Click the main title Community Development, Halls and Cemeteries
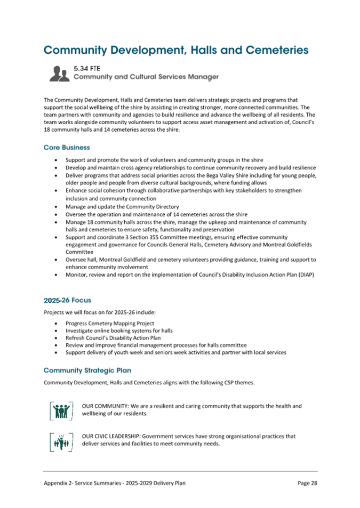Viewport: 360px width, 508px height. click(176, 50)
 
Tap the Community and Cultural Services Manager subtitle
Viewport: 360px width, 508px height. click(146, 77)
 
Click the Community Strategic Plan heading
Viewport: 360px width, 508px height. click(87, 370)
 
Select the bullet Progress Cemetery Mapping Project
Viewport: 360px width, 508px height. click(110, 324)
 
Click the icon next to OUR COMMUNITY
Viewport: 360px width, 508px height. click(60, 410)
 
